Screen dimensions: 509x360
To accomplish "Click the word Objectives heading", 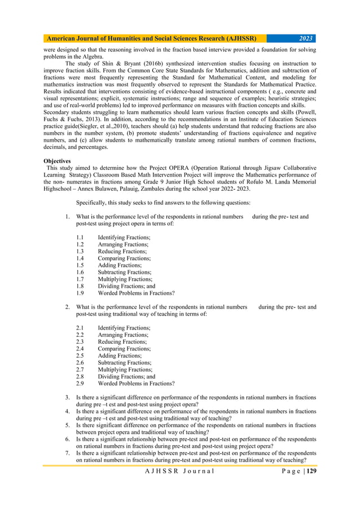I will click(x=59, y=161).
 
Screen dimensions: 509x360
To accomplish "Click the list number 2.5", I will click(x=80, y=356).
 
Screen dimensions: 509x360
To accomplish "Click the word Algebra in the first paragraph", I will click(x=93, y=57).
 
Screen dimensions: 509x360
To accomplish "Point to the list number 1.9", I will click(x=80, y=293).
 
